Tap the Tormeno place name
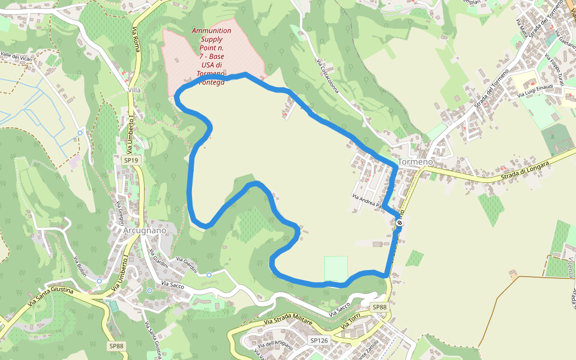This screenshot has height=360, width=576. point(415,163)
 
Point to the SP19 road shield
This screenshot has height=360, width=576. point(131,160)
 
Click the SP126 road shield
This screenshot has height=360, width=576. point(319,340)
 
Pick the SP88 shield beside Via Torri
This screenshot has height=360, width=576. point(380,307)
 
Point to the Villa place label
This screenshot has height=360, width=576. point(134,90)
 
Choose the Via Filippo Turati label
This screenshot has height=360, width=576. point(555,69)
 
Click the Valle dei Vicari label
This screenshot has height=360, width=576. point(16,56)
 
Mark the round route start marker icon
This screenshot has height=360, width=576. point(400,223)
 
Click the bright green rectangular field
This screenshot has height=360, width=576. point(336,268)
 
